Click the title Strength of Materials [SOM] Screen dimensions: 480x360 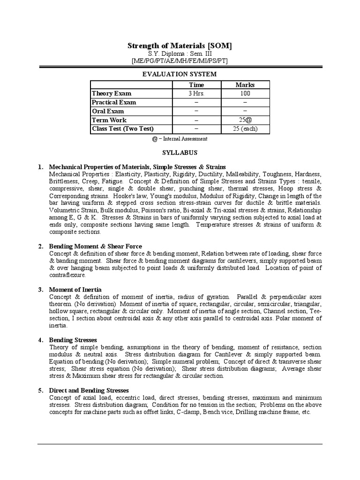click(x=180, y=45)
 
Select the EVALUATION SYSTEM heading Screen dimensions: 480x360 click(x=180, y=74)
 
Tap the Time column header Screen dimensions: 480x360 click(x=196, y=85)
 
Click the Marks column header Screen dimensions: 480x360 click(x=245, y=85)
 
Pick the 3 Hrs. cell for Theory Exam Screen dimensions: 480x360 click(x=196, y=94)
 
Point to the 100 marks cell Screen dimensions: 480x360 click(x=245, y=94)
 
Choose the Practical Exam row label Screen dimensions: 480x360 click(x=114, y=103)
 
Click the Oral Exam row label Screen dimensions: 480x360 click(x=108, y=112)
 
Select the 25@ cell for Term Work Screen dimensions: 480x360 click(x=245, y=120)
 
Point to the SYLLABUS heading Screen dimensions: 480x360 click(x=180, y=153)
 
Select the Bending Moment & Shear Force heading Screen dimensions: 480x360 click(x=96, y=247)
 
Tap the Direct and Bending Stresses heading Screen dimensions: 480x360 click(x=89, y=390)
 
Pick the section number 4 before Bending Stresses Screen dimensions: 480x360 click(x=40, y=340)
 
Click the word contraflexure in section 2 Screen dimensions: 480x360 click(x=67, y=275)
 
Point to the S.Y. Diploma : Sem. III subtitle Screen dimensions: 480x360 click(x=180, y=54)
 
